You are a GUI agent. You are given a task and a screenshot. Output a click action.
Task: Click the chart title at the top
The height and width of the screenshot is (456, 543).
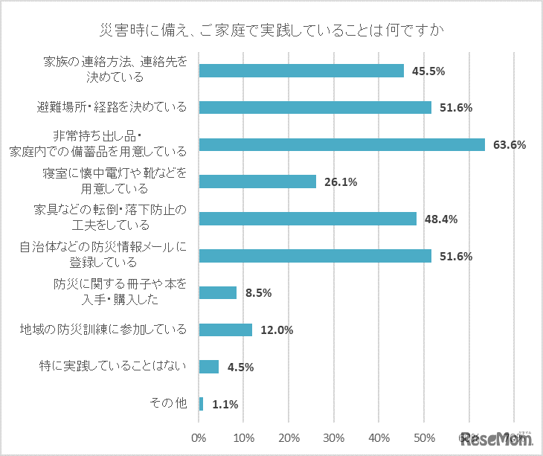(x=271, y=30)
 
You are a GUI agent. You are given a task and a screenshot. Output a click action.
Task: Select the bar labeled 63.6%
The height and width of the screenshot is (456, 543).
(x=342, y=144)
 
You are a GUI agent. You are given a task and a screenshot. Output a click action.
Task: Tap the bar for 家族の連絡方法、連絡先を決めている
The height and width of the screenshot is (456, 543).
(x=301, y=71)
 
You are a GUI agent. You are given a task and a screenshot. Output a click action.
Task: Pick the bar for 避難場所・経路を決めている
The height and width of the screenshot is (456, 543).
(x=315, y=107)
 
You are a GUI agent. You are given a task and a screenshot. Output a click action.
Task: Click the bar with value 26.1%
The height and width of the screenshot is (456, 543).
(x=257, y=182)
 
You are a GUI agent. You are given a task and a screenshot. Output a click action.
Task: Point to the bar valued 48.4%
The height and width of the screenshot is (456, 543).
(x=308, y=219)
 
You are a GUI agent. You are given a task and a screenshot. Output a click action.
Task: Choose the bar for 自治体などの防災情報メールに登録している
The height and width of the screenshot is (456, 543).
(x=315, y=256)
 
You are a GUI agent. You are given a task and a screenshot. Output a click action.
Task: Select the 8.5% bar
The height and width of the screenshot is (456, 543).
(x=218, y=292)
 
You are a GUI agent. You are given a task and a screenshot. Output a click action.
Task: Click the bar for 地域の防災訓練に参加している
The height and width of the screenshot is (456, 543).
(x=226, y=330)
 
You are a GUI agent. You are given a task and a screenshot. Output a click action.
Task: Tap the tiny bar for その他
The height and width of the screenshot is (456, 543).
(x=201, y=404)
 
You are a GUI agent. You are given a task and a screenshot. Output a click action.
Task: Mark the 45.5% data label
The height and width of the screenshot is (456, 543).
(x=428, y=71)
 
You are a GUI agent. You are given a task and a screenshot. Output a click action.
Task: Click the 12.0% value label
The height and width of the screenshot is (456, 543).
(x=277, y=330)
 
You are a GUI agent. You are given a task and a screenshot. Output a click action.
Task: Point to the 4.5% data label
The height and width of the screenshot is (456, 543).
(x=240, y=367)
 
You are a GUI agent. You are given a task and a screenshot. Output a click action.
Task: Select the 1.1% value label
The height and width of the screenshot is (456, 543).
(x=225, y=405)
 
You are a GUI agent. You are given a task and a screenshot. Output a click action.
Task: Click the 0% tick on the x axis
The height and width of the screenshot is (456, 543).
(x=199, y=437)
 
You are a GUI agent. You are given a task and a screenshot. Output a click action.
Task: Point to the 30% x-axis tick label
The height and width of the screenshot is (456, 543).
(x=334, y=437)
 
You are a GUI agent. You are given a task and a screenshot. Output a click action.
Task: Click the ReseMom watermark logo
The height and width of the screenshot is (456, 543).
(x=495, y=438)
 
